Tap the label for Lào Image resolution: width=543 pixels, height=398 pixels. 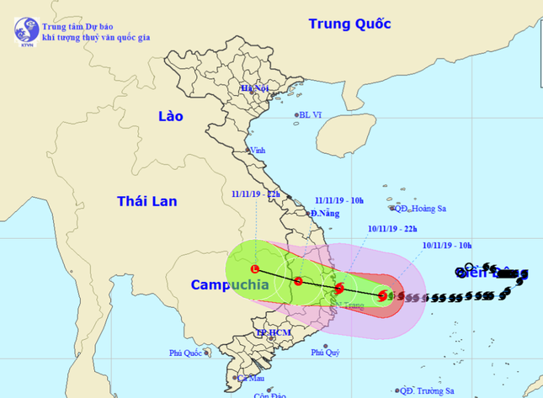[171, 116]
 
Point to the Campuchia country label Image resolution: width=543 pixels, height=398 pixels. [230, 284]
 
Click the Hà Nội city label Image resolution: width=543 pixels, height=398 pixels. [253, 88]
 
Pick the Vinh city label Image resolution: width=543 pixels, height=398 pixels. [257, 151]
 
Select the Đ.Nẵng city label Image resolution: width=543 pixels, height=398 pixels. [323, 214]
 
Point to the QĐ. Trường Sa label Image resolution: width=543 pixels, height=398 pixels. [427, 390]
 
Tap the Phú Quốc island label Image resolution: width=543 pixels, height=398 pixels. [186, 353]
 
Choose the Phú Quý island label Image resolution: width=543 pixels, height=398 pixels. [325, 353]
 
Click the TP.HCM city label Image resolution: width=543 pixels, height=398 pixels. [273, 334]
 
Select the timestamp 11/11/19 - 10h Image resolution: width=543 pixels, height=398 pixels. [339, 200]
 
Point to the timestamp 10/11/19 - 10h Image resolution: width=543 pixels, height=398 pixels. [448, 246]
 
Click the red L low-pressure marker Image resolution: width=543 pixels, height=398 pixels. [255, 269]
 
